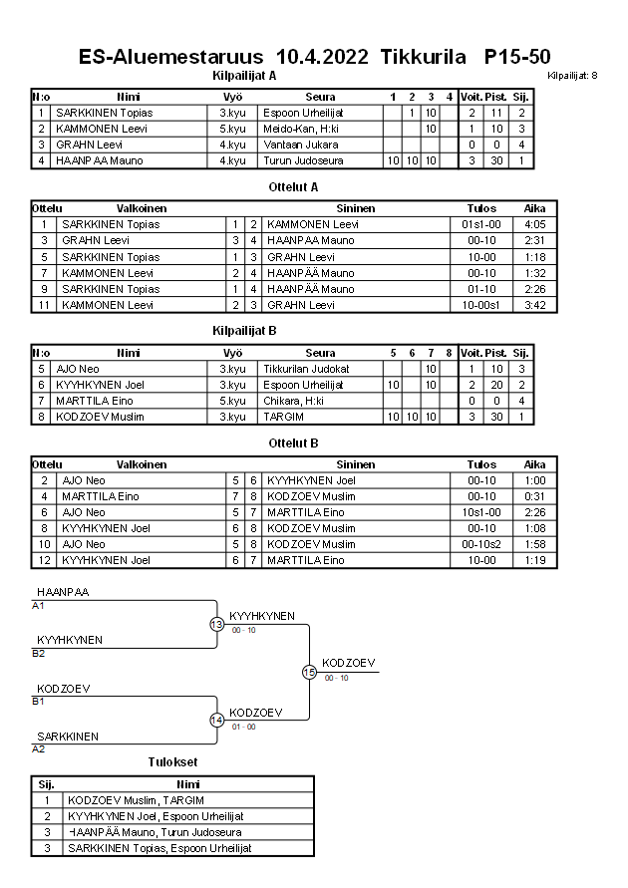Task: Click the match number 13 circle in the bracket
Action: tap(216, 624)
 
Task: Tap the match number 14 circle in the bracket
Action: tap(216, 720)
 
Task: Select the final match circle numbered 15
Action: tap(309, 673)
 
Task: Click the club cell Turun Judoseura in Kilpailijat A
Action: tap(303, 160)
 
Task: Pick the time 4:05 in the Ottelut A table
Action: tap(534, 224)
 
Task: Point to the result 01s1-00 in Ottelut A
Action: tap(481, 224)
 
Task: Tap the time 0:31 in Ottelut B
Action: tap(534, 496)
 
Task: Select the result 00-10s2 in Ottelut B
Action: tap(481, 544)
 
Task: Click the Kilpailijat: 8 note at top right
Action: tap(573, 76)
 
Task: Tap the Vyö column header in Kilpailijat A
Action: tap(232, 97)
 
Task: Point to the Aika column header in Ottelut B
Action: tap(534, 464)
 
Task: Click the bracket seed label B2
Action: tap(38, 654)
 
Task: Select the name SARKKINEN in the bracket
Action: tap(68, 737)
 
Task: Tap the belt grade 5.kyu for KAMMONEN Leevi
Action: tap(232, 129)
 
